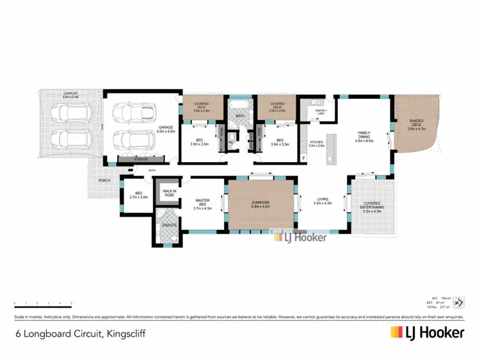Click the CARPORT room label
point(70,95)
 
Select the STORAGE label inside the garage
point(140,159)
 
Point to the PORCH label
point(104,180)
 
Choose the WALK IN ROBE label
point(170,192)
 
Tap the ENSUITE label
point(169,225)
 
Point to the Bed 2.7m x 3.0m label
point(139,197)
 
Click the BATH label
point(240,116)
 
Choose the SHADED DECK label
point(416,124)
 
